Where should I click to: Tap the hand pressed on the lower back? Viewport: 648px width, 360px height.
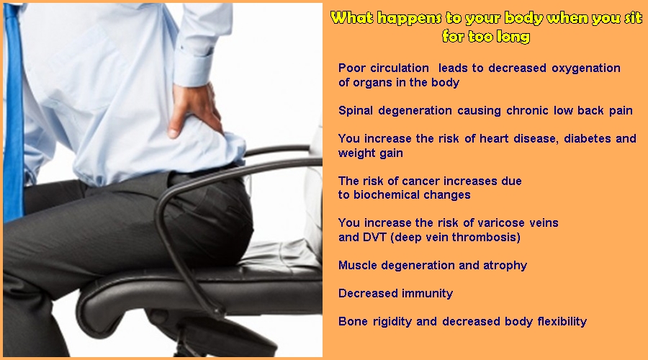pyautogui.click(x=195, y=109)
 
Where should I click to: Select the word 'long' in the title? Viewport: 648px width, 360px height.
pyautogui.click(x=513, y=37)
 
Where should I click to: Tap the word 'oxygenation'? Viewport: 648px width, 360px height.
pyautogui.click(x=586, y=68)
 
